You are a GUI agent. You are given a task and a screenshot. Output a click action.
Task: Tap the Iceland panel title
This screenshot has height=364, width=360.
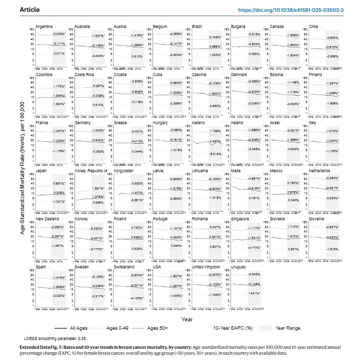point(199,122)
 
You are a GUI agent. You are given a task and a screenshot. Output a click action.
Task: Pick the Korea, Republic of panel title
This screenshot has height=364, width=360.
point(92,170)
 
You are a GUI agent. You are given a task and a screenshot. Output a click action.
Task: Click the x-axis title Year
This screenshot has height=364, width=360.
point(186,319)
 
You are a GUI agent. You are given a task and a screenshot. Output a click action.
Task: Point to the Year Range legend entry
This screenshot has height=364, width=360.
point(288,328)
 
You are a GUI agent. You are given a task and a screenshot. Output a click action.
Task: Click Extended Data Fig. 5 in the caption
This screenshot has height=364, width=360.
point(43,347)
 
